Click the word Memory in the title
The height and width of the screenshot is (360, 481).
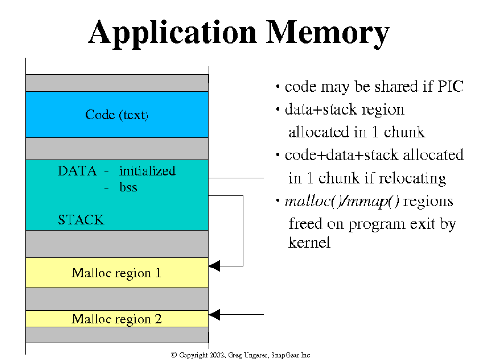[x=328, y=33]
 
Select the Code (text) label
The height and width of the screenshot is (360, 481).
[x=117, y=115]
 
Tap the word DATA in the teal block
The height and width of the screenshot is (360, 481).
[x=77, y=171]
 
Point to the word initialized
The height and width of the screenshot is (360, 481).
[x=147, y=171]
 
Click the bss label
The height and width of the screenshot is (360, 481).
[x=128, y=187]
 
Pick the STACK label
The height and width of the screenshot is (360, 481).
[x=81, y=220]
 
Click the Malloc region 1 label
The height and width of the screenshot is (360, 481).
[x=116, y=273]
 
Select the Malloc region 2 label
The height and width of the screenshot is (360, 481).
[x=116, y=319]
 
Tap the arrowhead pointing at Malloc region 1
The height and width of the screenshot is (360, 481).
[x=214, y=266]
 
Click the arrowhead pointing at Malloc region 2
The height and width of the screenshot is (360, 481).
[x=214, y=314]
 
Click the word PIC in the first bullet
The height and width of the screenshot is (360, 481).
[x=450, y=86]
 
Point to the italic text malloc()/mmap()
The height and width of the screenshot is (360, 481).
[x=342, y=201]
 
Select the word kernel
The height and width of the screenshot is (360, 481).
[x=309, y=243]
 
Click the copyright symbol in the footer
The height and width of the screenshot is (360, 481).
[x=173, y=355]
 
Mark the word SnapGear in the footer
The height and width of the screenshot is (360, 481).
[x=285, y=355]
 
